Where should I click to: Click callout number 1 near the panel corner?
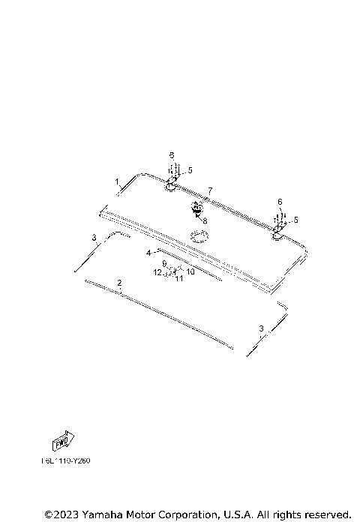[117, 181]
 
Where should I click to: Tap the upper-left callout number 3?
[94, 237]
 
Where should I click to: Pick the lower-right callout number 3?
[261, 328]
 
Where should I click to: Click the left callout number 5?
[190, 170]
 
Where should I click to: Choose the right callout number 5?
[295, 220]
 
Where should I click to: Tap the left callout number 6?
[172, 155]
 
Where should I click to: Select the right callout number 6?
[280, 202]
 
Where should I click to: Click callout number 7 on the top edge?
[211, 191]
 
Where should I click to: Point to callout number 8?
[203, 221]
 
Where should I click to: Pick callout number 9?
[164, 263]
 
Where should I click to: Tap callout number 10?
[190, 271]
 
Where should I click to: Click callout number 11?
[179, 279]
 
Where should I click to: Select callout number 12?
[157, 273]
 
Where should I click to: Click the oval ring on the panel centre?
[199, 235]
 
